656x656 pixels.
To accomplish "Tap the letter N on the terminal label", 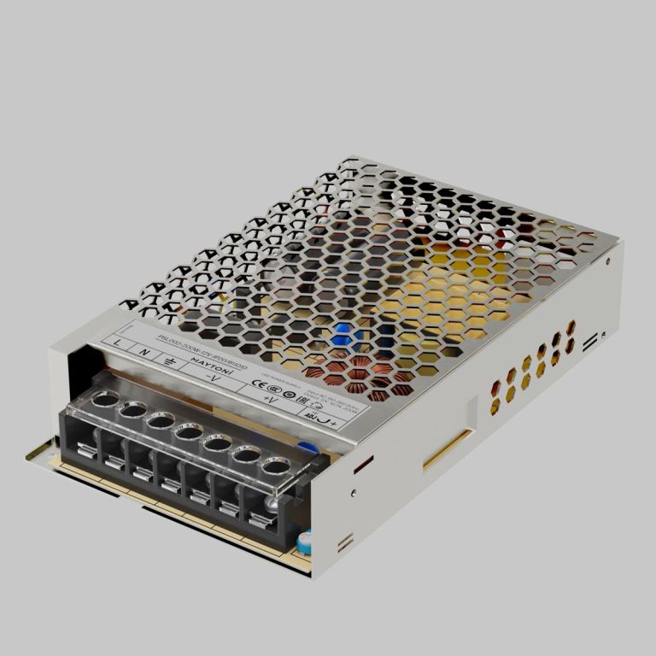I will click(145, 351).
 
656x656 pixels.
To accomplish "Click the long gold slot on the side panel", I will click(447, 448).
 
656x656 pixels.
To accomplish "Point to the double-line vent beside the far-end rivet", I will click(589, 342).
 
